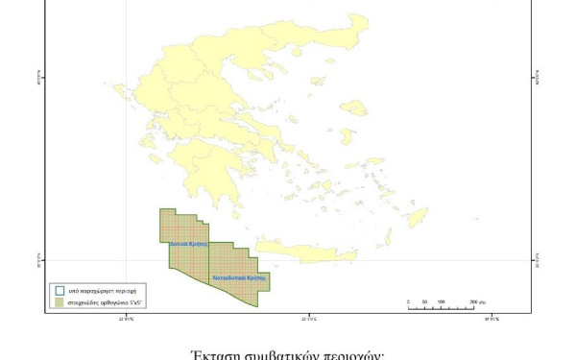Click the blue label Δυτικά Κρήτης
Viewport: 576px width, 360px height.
(x=189, y=244)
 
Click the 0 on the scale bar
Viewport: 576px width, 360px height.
(x=408, y=301)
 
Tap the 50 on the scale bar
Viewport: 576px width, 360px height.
(x=424, y=301)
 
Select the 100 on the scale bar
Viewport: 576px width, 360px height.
(x=441, y=301)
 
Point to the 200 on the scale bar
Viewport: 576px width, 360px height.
(x=472, y=301)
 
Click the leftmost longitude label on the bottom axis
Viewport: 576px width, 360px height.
(x=126, y=319)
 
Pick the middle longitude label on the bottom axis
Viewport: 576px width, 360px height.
(x=307, y=319)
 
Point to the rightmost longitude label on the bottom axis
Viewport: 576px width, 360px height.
(x=490, y=319)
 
